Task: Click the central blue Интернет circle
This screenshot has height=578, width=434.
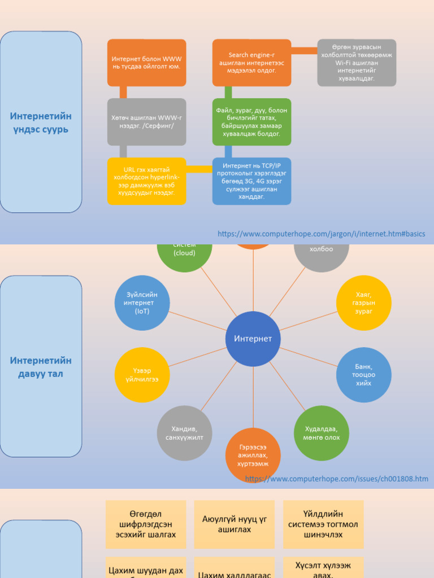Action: click(253, 339)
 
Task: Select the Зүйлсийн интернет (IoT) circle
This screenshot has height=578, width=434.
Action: click(142, 303)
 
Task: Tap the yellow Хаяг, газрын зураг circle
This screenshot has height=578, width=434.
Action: click(364, 303)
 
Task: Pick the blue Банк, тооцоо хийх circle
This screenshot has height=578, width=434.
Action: click(364, 375)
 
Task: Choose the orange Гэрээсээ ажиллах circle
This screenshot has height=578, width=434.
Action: click(253, 455)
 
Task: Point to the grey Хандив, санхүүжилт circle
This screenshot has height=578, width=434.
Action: click(184, 433)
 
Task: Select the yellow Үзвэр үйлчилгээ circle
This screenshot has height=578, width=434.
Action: click(142, 375)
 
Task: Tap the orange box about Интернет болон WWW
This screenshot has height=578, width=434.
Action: click(146, 63)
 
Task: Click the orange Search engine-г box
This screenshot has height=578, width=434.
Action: click(251, 63)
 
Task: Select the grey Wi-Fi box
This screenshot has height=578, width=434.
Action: click(357, 63)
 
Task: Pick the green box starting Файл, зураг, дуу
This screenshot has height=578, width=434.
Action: click(251, 122)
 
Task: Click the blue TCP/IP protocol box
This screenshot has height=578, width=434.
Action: click(251, 181)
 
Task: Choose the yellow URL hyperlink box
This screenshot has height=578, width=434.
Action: click(146, 181)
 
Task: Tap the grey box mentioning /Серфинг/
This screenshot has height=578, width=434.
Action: click(146, 122)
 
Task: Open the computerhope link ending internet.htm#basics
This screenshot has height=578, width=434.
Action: click(322, 234)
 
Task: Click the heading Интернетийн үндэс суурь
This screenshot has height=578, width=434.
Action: click(41, 122)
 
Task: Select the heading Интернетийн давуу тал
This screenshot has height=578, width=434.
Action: click(41, 367)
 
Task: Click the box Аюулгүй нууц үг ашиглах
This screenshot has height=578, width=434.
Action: click(235, 524)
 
